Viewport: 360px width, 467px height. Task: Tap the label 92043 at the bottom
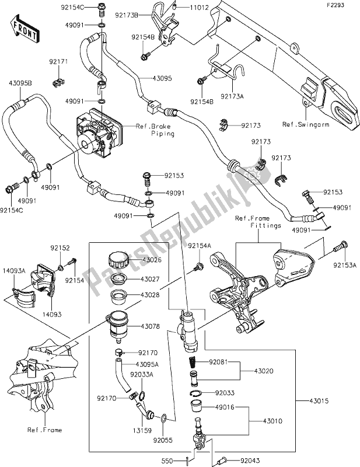236,459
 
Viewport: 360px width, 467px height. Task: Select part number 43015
313,400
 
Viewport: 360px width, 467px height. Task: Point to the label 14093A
12,270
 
